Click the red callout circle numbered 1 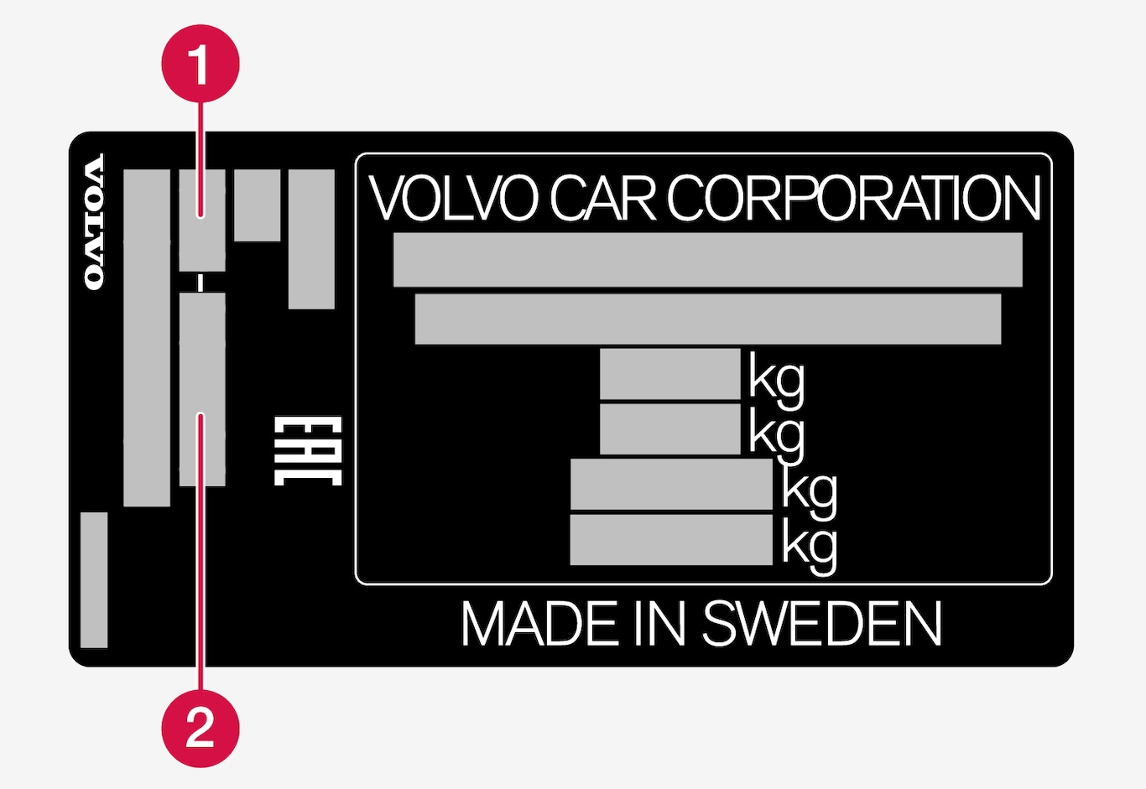point(200,64)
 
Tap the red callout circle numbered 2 point(200,727)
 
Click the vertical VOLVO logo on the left point(95,222)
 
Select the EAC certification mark point(308,450)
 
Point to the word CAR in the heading point(602,200)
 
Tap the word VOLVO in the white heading point(453,200)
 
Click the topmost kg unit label point(776,379)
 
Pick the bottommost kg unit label point(809,545)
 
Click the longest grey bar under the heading point(707,260)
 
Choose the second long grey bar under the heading point(707,319)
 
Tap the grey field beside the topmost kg point(669,374)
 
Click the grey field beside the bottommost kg point(670,540)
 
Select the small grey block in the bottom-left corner point(94,579)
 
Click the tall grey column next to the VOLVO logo point(147,338)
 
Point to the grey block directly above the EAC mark point(311,239)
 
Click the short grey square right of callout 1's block point(257,205)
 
